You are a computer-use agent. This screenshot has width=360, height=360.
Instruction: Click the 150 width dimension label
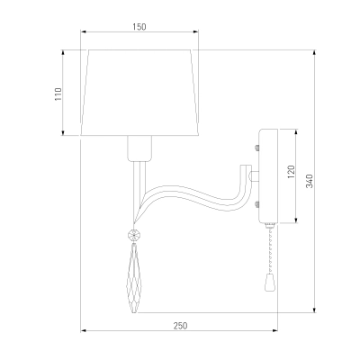click(x=139, y=27)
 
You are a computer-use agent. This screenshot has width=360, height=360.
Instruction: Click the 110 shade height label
click(x=58, y=94)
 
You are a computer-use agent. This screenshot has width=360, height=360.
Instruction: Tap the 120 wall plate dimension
click(x=291, y=172)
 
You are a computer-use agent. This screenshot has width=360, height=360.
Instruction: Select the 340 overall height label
click(x=310, y=181)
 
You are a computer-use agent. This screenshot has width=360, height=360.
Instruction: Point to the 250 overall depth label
click(x=180, y=326)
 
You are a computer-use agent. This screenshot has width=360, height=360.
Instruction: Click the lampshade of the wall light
click(x=139, y=93)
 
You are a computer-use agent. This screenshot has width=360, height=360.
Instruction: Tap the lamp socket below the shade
click(x=139, y=148)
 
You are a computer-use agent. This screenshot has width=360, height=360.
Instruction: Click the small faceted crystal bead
click(x=133, y=235)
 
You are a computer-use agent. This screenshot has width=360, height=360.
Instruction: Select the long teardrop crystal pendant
click(x=134, y=278)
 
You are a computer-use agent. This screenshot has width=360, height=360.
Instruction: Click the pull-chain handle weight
click(x=270, y=283)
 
